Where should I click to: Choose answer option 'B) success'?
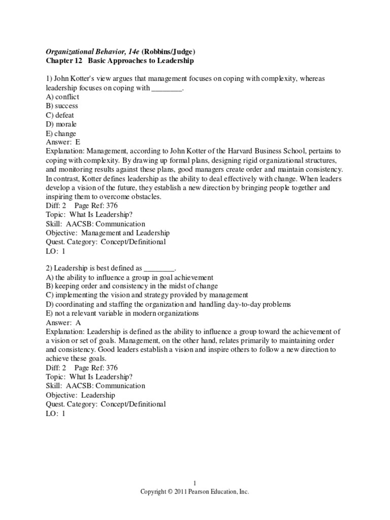(x=62, y=106)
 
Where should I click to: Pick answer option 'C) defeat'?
(x=60, y=115)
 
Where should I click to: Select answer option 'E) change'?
(x=61, y=133)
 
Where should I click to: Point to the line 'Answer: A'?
(x=63, y=322)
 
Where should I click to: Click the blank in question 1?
(x=167, y=88)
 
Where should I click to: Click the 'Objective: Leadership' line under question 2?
(x=80, y=395)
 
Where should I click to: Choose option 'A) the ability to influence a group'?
(x=129, y=277)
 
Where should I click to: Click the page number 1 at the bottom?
(x=195, y=483)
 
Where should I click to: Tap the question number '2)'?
(x=49, y=268)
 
